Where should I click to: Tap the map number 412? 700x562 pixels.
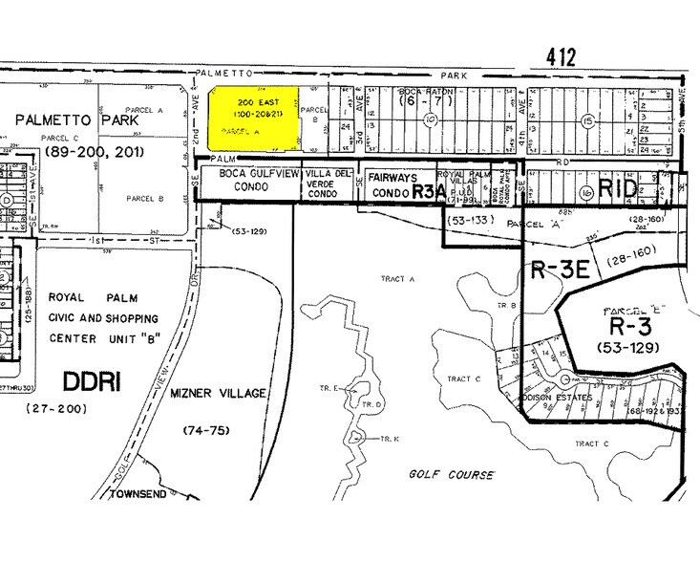(562, 57)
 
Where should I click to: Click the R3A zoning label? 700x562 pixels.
(423, 191)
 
